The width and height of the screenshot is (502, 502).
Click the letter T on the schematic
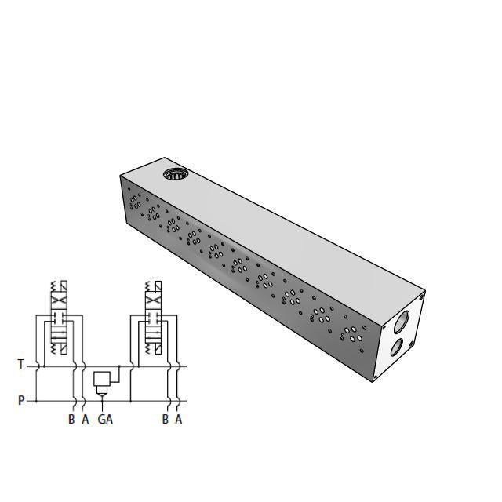(21, 364)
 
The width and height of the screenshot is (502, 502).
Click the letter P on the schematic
(21, 401)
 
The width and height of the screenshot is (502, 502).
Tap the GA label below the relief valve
(105, 419)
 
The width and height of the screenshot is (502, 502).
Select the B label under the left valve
(71, 419)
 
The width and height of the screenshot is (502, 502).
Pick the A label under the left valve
(85, 419)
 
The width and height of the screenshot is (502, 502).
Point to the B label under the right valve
(166, 419)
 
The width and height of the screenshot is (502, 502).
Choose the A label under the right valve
(179, 419)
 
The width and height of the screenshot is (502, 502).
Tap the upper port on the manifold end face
(402, 320)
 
